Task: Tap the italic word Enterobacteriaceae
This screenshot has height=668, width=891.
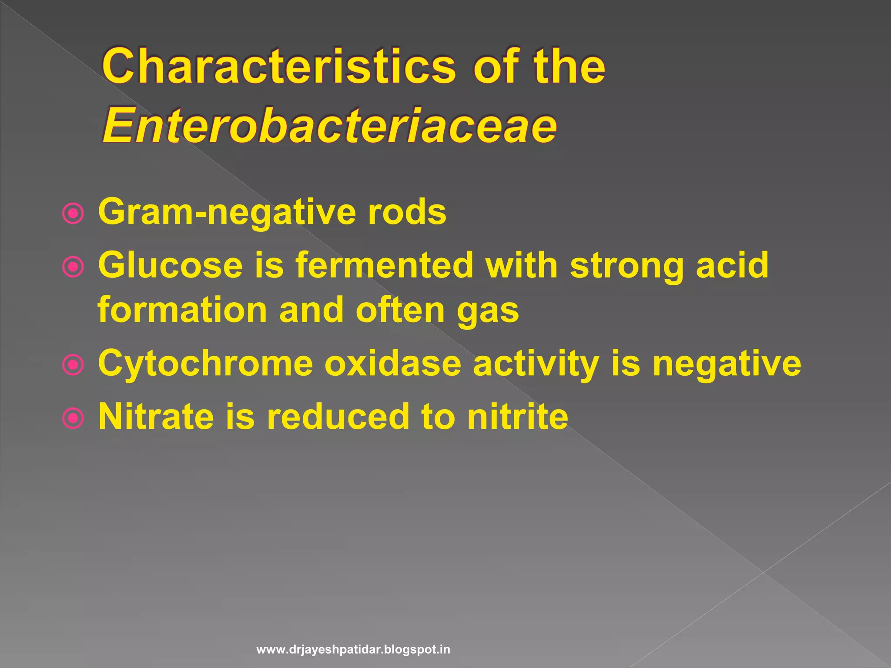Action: tap(329, 126)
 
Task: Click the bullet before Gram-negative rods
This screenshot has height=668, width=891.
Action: tap(73, 214)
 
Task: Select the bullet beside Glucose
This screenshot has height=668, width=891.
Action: tap(73, 267)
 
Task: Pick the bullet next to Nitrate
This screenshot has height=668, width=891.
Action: tap(73, 418)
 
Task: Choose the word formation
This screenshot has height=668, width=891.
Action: tap(182, 310)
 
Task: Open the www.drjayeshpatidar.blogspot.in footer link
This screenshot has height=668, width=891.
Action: tap(353, 650)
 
